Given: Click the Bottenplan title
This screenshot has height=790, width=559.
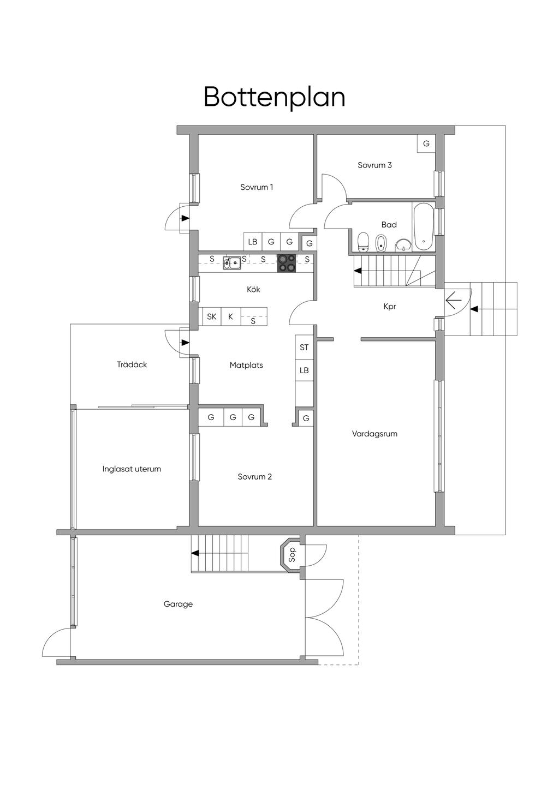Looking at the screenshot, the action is (274, 97).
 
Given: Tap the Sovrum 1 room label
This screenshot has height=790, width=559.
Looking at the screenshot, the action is (257, 187).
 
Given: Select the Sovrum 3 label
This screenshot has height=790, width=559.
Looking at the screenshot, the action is (374, 165).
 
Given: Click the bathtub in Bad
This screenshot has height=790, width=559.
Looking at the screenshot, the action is (423, 226).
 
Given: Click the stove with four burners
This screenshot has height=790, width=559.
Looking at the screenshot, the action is (287, 263).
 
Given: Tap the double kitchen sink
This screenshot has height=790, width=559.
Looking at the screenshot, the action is (232, 263).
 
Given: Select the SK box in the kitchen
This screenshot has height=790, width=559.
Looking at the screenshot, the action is (212, 316).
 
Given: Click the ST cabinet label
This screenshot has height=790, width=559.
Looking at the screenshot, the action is (304, 348).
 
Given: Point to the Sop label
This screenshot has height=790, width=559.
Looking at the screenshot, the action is (292, 555).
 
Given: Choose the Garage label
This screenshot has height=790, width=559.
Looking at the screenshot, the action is (178, 604).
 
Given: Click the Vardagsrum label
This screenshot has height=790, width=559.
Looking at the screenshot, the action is (374, 433).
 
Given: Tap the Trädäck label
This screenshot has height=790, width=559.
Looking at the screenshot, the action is (132, 364).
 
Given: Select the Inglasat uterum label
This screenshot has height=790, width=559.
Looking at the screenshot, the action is (132, 469).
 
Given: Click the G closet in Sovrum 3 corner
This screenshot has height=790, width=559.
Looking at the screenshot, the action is (426, 143).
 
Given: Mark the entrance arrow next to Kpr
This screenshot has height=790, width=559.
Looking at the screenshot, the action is (454, 301).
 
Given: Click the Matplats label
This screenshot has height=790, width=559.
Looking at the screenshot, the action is (246, 365).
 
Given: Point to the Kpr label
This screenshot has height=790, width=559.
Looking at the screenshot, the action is (390, 307).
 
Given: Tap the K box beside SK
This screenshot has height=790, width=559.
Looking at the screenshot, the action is (231, 316).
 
